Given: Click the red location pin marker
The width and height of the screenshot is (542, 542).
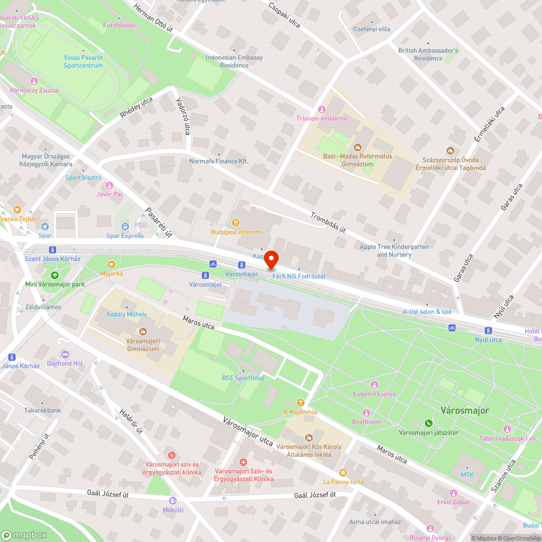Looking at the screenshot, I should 272,260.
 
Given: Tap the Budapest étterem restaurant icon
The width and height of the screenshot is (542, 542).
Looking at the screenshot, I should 236,222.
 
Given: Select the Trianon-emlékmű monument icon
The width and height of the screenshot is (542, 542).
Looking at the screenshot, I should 323,109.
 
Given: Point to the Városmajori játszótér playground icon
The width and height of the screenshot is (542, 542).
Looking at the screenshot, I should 429,423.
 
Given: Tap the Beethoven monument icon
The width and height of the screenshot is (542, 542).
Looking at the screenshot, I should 367,412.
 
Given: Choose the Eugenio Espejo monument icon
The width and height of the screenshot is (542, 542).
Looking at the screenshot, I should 374,384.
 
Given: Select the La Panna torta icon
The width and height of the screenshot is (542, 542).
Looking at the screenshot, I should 343,472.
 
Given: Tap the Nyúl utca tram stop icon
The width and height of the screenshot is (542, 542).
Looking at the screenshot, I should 488,331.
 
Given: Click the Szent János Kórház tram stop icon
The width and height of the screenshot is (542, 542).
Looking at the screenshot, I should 53,250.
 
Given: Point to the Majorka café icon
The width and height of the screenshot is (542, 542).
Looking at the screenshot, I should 111,264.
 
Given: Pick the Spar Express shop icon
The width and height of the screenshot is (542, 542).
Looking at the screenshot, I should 125,227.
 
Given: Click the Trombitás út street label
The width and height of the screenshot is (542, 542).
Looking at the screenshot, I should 328,222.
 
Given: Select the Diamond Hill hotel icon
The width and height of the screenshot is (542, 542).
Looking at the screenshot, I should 65,354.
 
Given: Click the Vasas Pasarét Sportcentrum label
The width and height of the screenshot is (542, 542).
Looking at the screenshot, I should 83,61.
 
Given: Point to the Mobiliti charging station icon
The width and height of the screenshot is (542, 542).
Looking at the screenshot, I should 173,501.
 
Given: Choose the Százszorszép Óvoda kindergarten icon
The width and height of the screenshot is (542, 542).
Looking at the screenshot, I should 449,150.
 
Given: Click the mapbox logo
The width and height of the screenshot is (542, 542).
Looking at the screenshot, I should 24,535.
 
